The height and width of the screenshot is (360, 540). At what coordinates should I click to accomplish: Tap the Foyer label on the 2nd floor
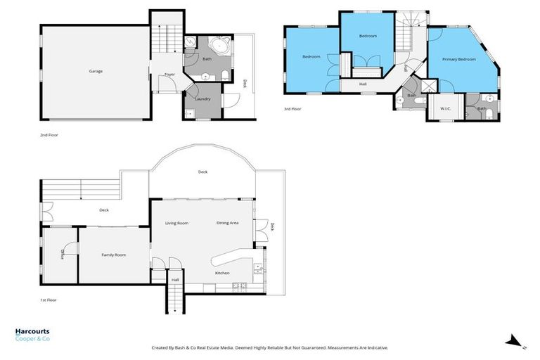coord(169,74)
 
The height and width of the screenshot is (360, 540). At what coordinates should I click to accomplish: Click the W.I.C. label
coord(445,108)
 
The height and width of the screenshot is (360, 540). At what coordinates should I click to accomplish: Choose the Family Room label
coord(114,255)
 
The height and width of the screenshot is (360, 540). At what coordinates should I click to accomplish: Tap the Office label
coord(63,255)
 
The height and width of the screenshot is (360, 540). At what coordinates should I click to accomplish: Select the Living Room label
coord(176,223)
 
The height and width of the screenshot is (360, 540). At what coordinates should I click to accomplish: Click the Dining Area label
coord(227,223)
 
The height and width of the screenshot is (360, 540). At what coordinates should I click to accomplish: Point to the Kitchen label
coord(222,273)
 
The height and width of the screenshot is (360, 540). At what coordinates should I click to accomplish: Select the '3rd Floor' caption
coord(292,108)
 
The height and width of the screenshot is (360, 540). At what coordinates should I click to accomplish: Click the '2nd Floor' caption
coord(50,134)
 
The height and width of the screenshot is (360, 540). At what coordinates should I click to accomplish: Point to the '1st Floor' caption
coord(49,300)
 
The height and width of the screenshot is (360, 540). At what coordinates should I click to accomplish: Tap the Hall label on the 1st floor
coord(175,279)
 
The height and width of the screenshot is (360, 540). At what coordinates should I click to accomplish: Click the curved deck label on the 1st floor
coord(202,172)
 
